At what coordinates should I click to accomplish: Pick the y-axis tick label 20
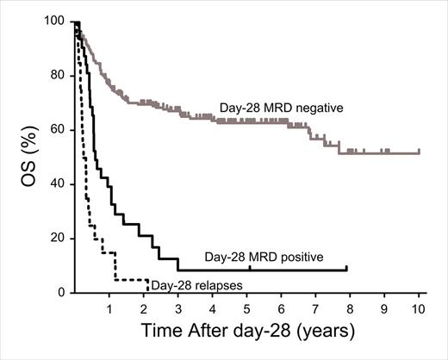click(59, 238)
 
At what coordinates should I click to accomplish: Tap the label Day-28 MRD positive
click(263, 257)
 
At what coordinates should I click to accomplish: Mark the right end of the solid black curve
click(346, 270)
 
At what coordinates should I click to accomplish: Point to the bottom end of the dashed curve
click(148, 290)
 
